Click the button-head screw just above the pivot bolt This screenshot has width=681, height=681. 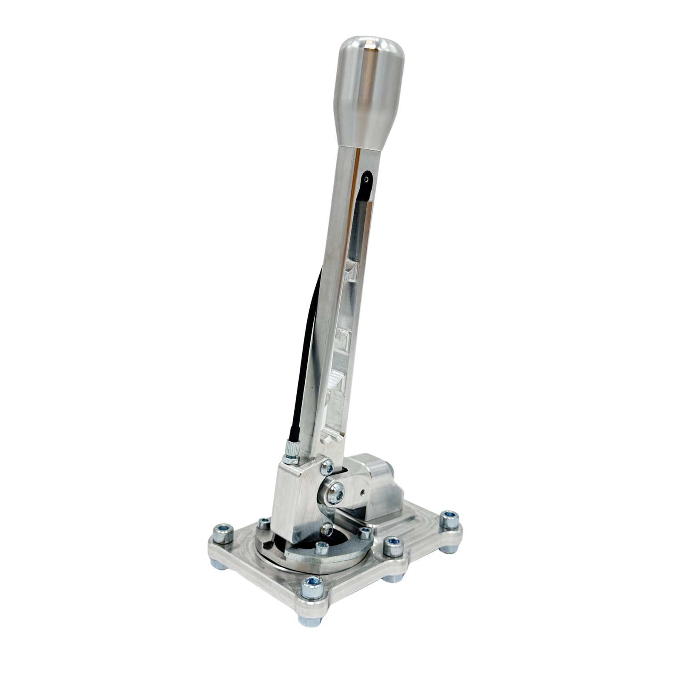click(327, 468)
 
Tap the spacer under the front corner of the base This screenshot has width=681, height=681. click(307, 620)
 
